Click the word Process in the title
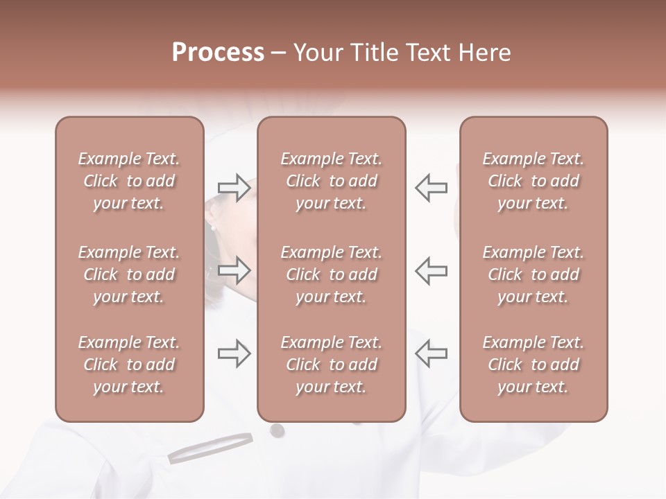click(x=218, y=53)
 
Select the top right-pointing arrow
click(x=234, y=188)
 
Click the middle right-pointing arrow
click(x=234, y=270)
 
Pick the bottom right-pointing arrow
click(x=234, y=353)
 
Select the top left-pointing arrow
click(x=431, y=188)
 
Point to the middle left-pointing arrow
click(x=431, y=270)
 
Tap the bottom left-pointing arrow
click(x=431, y=353)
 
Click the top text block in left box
click(x=129, y=181)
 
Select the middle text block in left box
click(x=129, y=274)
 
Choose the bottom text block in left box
click(x=129, y=365)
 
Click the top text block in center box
click(x=331, y=181)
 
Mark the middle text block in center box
click(x=331, y=274)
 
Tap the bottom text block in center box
click(x=331, y=365)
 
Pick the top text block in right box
click(x=533, y=181)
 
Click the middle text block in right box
click(x=533, y=274)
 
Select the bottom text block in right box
click(x=533, y=365)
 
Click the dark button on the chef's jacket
click(x=277, y=430)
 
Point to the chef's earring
click(x=214, y=226)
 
